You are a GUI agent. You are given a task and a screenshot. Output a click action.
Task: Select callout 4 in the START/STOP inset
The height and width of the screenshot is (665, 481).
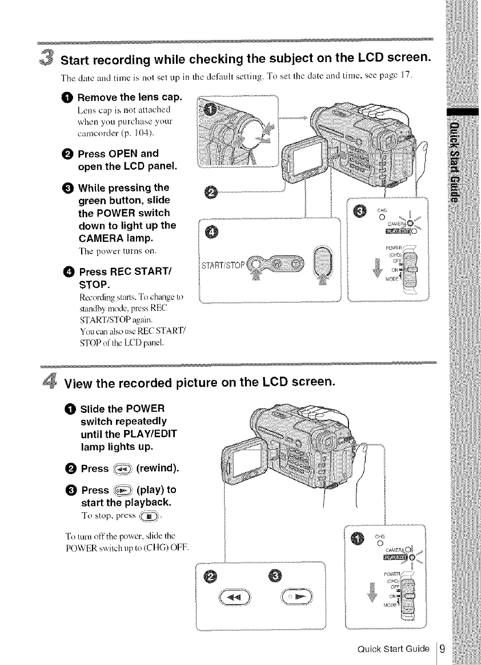pos(210,231)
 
